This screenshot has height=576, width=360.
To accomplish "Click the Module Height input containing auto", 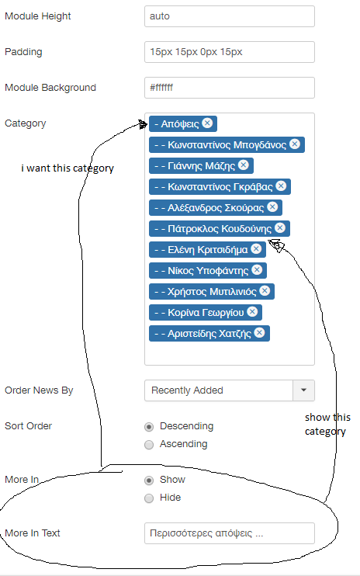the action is (x=230, y=16).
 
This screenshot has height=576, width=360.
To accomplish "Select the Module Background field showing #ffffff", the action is (x=230, y=88).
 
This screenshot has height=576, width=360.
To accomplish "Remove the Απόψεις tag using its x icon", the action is (x=207, y=123).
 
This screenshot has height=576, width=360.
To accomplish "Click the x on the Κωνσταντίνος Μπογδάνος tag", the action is (x=295, y=144).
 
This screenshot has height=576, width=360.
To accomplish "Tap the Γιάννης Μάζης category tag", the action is (x=201, y=165).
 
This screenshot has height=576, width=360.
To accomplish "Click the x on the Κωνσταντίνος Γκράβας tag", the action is (x=281, y=186).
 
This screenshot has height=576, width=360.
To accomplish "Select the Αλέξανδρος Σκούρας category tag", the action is (x=216, y=207).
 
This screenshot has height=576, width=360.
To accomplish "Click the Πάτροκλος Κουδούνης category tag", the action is (x=220, y=228).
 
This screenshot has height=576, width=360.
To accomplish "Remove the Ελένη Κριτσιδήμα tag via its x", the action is (x=256, y=248).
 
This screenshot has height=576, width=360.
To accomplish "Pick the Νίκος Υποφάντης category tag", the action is (x=208, y=271).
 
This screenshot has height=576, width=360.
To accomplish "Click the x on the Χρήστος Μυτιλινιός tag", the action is (x=265, y=291).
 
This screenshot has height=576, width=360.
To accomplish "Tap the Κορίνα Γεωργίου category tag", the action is (x=206, y=313).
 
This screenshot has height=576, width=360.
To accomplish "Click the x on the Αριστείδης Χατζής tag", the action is (x=259, y=333).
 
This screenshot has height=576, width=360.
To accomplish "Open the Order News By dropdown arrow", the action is (x=303, y=390).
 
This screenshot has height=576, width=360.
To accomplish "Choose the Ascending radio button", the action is (x=149, y=445).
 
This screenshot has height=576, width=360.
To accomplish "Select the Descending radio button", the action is (x=149, y=427).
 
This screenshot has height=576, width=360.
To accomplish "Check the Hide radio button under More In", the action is (x=149, y=498).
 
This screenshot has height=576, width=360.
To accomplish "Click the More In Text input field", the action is (x=230, y=533).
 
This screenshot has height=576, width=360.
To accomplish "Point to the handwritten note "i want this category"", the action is (x=67, y=168).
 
